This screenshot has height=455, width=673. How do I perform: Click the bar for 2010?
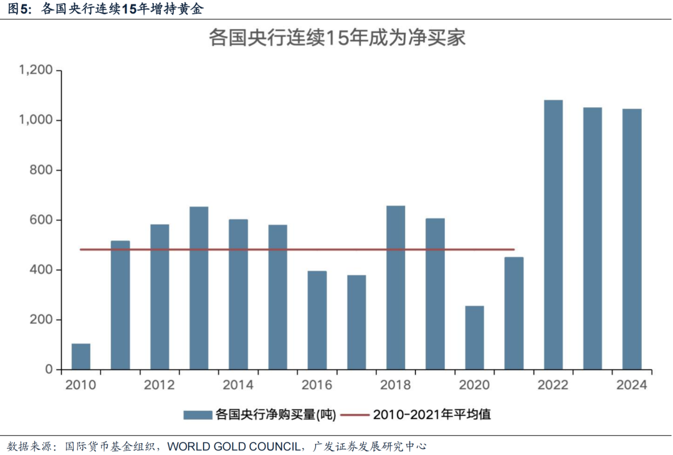[81, 357]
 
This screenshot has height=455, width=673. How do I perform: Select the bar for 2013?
[199, 288]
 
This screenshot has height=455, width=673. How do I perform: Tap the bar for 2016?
[317, 321]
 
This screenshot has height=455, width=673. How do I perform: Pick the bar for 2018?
[396, 288]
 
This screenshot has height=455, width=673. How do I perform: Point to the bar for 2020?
[474, 338]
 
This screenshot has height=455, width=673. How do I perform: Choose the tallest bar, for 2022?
[553, 235]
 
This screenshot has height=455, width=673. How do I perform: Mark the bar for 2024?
[632, 239]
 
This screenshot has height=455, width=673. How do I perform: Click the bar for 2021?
[514, 314]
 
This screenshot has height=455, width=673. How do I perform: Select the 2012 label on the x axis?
[160, 385]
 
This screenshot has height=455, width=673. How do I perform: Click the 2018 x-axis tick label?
[396, 385]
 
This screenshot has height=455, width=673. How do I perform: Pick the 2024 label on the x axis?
[632, 385]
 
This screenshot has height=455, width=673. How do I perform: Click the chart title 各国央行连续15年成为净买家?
[336, 39]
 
